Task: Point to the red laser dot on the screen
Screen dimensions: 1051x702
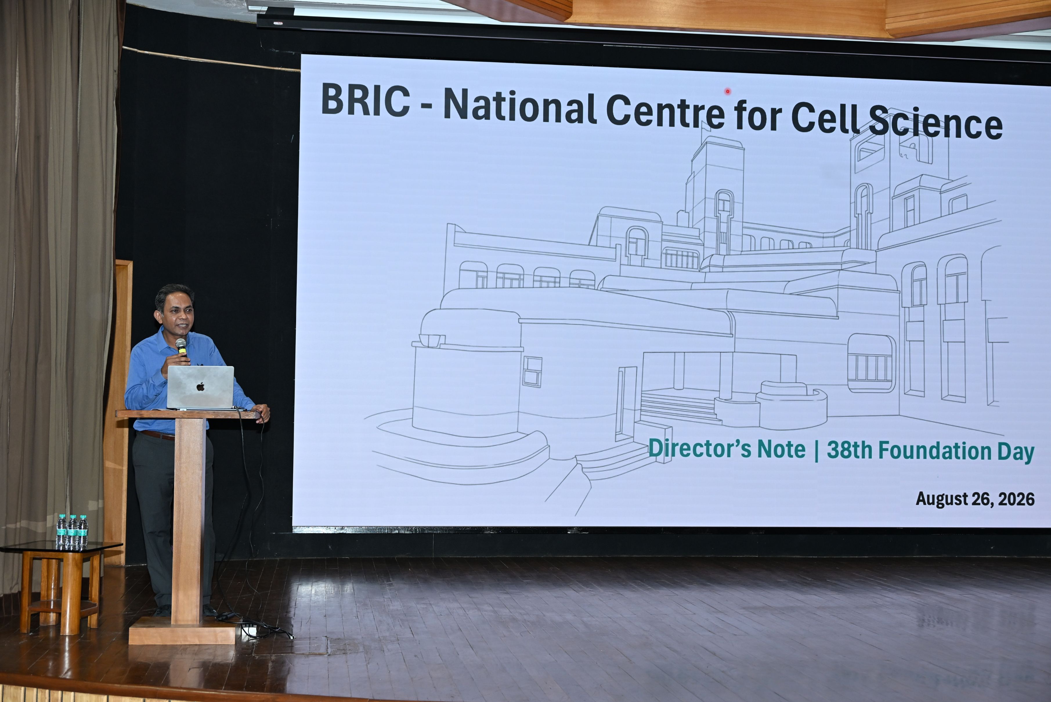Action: click(728, 91)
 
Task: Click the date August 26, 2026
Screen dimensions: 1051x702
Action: click(975, 499)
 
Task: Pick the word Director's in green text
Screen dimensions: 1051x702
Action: click(700, 448)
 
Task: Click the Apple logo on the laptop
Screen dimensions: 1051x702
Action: click(201, 386)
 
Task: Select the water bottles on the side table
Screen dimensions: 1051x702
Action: click(72, 532)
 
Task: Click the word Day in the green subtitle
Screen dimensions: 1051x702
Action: click(1016, 452)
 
